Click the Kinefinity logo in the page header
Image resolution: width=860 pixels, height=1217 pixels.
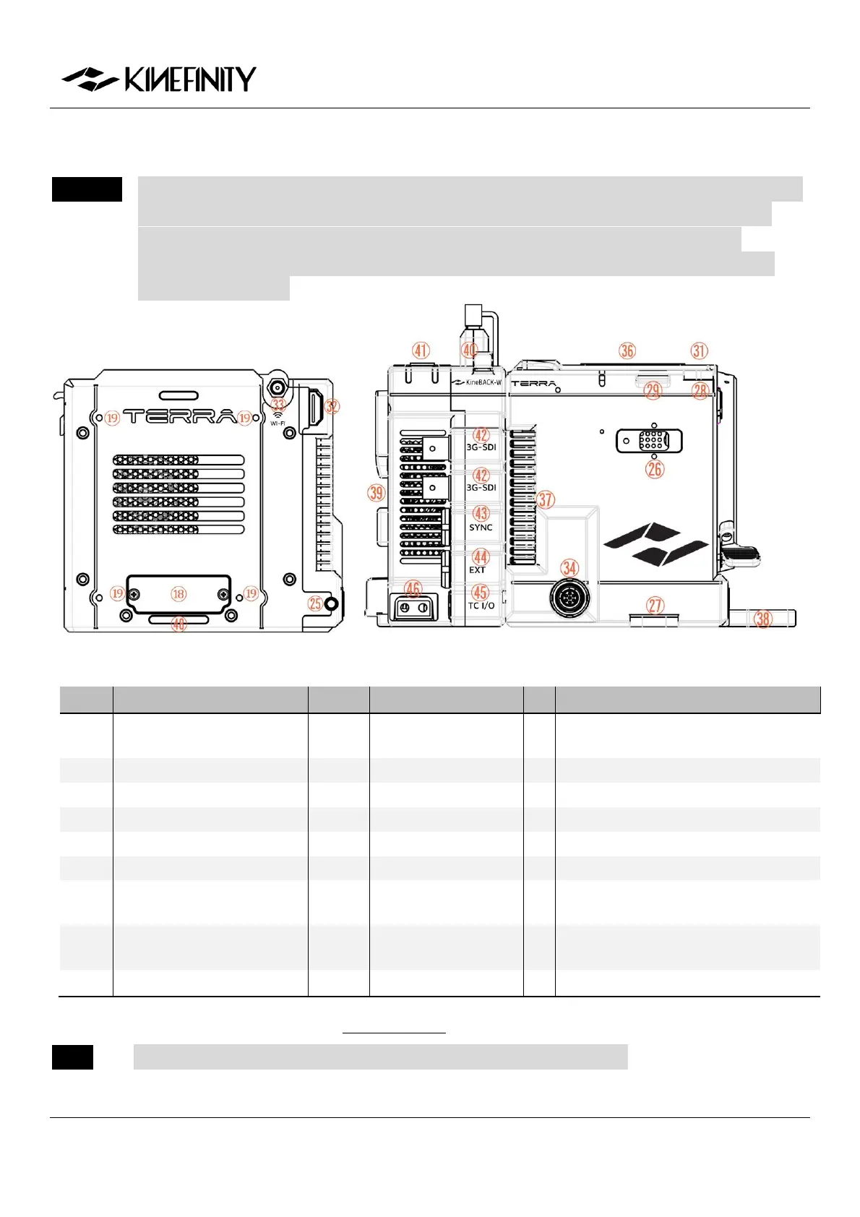point(158,79)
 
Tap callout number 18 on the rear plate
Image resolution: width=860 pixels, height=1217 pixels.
point(179,594)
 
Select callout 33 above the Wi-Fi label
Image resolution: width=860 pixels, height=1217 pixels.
point(278,405)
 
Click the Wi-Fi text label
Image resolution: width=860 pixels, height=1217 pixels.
point(278,423)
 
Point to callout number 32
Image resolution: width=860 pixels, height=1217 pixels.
point(332,406)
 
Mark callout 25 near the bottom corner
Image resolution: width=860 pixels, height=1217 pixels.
point(316,603)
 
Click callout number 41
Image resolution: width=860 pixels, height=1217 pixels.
point(421,351)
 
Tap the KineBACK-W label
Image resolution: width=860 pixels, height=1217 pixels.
point(477,382)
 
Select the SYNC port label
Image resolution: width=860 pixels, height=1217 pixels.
point(481,528)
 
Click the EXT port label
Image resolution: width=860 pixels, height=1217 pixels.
point(478,570)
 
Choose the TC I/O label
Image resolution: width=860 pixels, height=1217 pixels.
point(481,606)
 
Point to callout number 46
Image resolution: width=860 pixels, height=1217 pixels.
point(413,589)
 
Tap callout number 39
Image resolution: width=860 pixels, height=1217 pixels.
point(377,493)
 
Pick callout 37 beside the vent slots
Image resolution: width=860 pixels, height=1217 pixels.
point(546,499)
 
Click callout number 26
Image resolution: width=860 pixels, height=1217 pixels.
point(655,469)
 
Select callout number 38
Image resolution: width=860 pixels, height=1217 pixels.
point(763,619)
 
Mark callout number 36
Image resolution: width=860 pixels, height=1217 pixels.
point(627,351)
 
